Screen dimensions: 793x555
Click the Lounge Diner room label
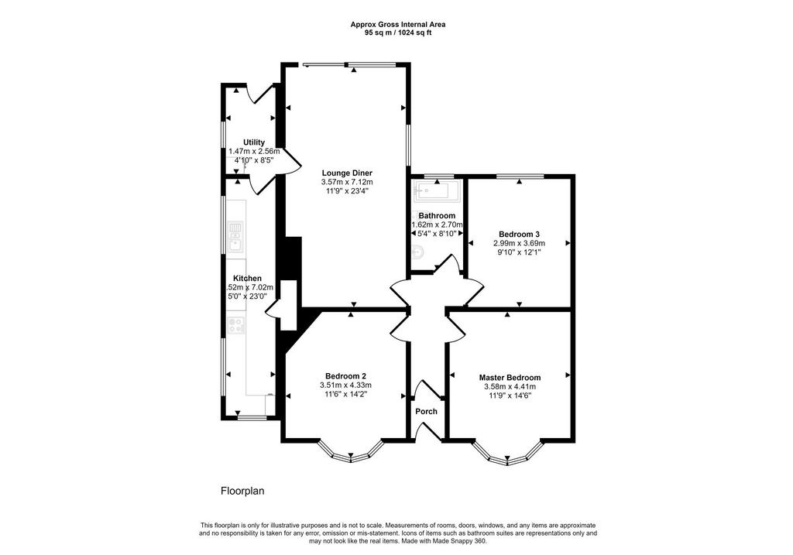click(x=347, y=173)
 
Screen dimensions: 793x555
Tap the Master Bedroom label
click(x=510, y=378)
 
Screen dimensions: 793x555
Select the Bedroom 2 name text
click(x=345, y=376)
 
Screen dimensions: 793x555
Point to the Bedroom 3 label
click(x=519, y=234)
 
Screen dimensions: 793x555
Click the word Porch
click(x=427, y=412)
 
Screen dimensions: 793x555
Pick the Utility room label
click(x=254, y=142)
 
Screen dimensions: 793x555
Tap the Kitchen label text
click(x=247, y=279)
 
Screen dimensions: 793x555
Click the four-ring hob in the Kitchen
click(x=235, y=325)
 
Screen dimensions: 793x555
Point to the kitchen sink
click(x=235, y=237)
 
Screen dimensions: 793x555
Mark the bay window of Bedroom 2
click(x=351, y=452)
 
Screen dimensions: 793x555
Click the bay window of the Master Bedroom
click(x=508, y=454)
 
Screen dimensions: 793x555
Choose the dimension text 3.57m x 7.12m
click(x=347, y=182)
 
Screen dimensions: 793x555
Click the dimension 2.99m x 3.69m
click(x=519, y=243)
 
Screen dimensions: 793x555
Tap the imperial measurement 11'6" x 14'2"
click(x=345, y=394)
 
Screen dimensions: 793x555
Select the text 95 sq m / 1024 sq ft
click(x=398, y=33)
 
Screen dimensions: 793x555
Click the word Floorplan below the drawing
click(x=242, y=491)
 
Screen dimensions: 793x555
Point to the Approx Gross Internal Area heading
click(x=398, y=24)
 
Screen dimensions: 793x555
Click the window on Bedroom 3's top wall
click(x=520, y=176)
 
